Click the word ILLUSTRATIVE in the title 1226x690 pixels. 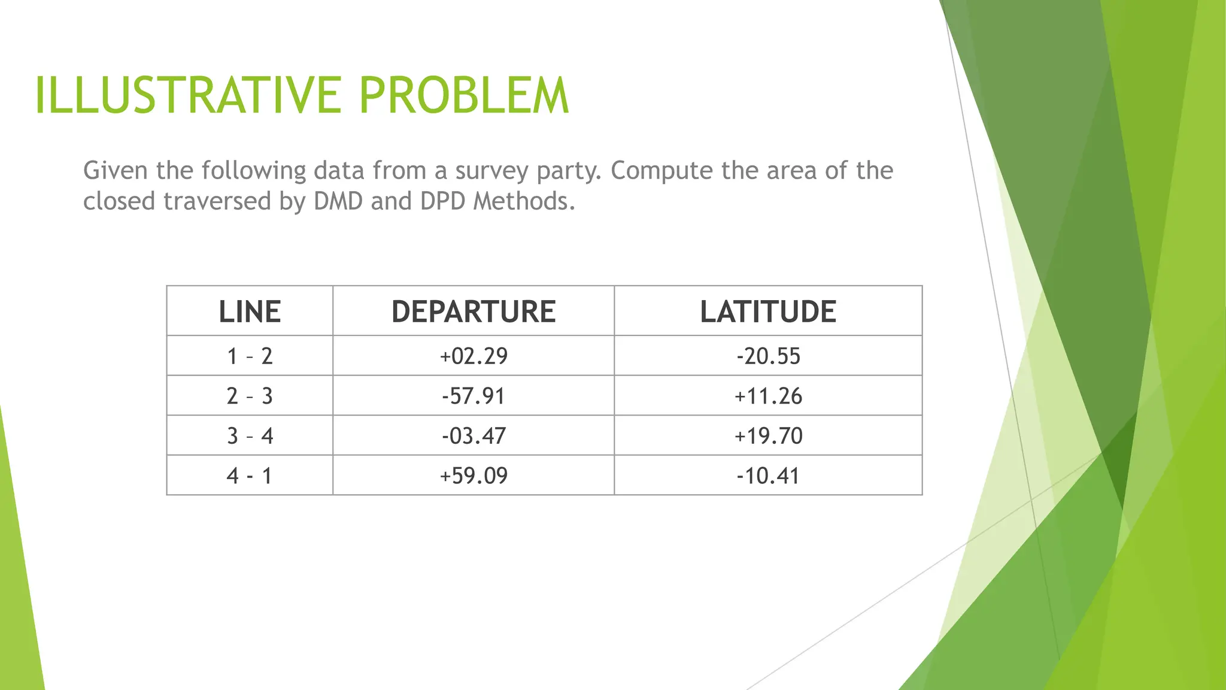[188, 96]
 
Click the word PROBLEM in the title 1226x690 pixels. [463, 96]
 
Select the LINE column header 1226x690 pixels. [250, 312]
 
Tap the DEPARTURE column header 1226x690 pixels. [474, 312]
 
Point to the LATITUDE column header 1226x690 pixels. [768, 312]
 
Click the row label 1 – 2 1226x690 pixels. [250, 356]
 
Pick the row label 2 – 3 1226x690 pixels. [250, 396]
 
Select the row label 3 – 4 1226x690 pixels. [250, 436]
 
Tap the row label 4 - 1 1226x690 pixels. [250, 476]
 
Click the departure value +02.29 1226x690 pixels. [474, 356]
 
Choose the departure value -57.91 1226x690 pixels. [474, 396]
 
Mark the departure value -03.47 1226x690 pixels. [474, 436]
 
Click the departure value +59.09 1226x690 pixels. [474, 476]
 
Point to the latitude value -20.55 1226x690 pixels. [768, 356]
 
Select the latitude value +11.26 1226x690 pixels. [768, 396]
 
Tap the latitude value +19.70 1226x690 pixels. [768, 436]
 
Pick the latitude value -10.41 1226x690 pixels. [768, 476]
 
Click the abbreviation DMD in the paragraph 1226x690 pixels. [338, 201]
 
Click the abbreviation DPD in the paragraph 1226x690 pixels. [442, 201]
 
